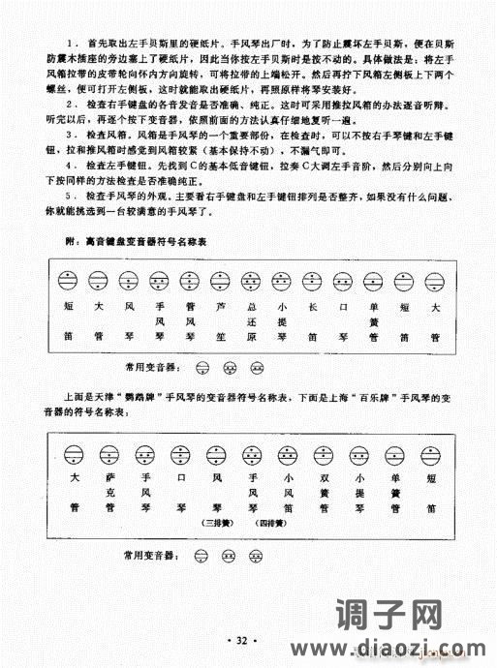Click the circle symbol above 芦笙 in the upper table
222,281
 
